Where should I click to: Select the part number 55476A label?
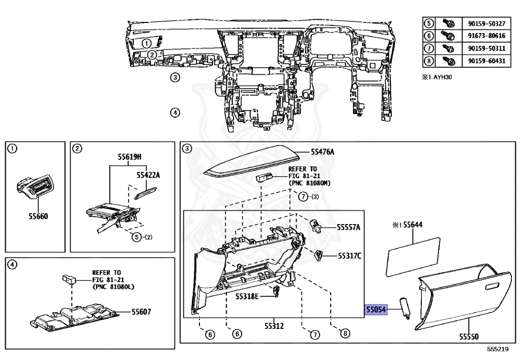[323, 152]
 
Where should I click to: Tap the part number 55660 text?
[37, 216]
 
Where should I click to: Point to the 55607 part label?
[142, 312]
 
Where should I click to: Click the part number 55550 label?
[469, 337]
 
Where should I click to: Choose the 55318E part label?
[247, 296]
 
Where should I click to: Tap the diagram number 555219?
[497, 350]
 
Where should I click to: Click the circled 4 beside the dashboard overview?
[175, 113]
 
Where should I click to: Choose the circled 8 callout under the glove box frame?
[344, 334]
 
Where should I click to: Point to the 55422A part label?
[148, 175]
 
